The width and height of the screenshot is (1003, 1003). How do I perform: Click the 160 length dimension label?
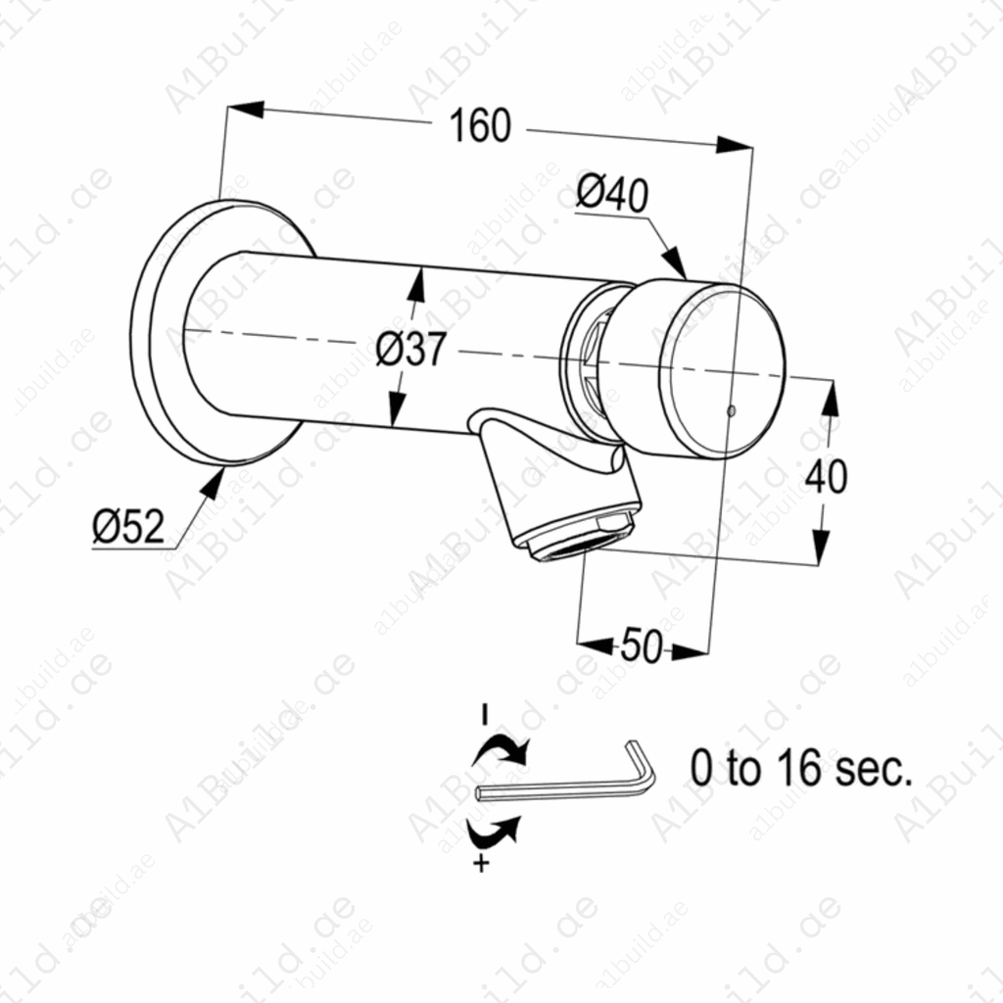pyautogui.click(x=480, y=126)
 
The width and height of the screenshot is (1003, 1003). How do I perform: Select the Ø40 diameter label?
pyautogui.click(x=611, y=193)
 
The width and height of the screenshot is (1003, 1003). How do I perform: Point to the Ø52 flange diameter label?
pyautogui.click(x=128, y=528)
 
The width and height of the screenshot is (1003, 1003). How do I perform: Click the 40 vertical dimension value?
pyautogui.click(x=826, y=477)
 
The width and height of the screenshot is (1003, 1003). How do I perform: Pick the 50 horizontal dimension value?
pyautogui.click(x=642, y=646)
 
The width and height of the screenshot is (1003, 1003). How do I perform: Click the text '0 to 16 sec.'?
pyautogui.click(x=801, y=770)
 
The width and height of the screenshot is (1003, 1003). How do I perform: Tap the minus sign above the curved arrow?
pyautogui.click(x=483, y=713)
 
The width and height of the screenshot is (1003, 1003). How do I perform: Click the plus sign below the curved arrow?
pyautogui.click(x=481, y=863)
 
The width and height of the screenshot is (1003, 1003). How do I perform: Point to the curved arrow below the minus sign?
pyautogui.click(x=501, y=750)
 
